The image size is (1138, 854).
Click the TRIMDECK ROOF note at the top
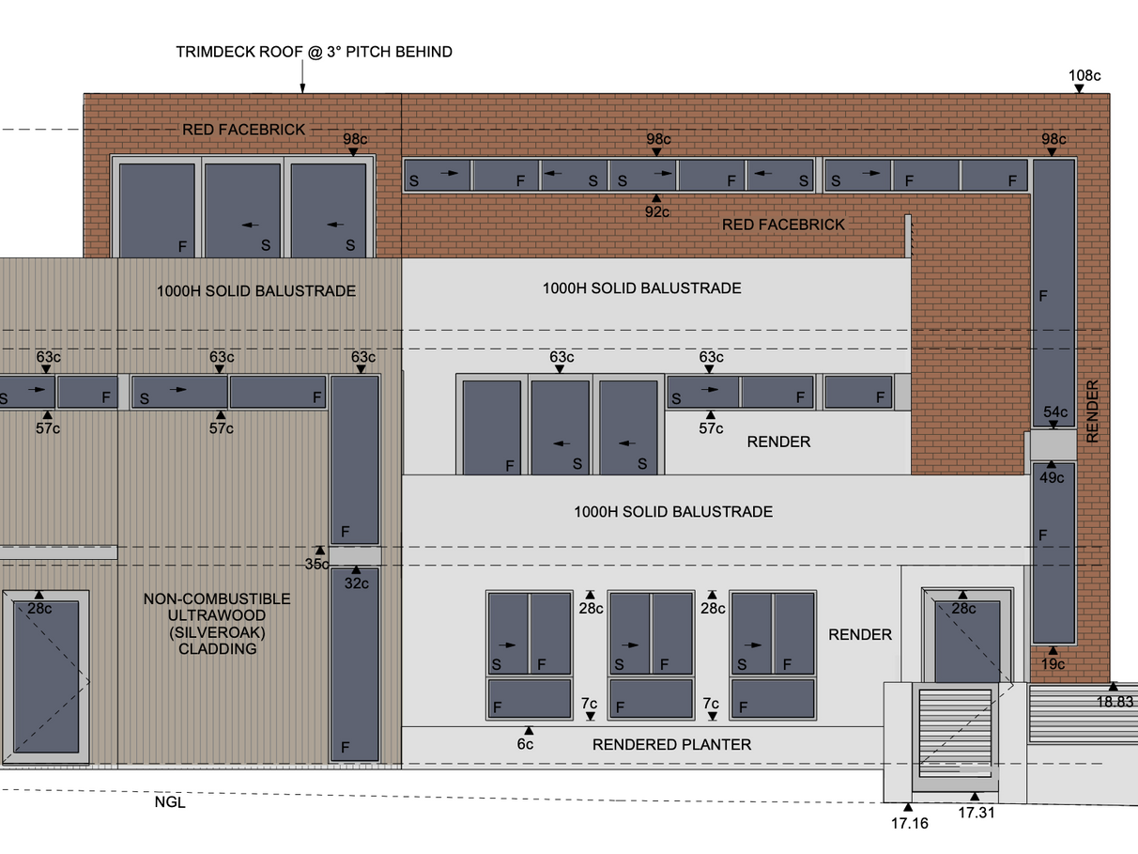tap(314, 52)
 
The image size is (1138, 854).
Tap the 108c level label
tap(1084, 75)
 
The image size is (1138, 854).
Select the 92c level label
tap(657, 212)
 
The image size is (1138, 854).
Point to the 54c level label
tap(1055, 411)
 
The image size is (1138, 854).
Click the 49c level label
tap(1053, 477)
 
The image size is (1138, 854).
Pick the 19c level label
tap(1053, 664)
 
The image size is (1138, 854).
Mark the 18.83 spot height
tap(1115, 701)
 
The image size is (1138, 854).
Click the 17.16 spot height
tap(909, 823)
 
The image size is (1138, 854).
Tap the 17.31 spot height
tap(976, 813)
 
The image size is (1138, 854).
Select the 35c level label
tap(317, 564)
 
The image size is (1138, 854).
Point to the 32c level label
tap(356, 582)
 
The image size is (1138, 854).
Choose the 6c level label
tap(525, 744)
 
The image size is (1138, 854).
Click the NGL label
tap(170, 802)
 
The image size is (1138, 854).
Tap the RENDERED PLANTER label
tap(671, 745)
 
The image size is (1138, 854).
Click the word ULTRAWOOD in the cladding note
tap(217, 615)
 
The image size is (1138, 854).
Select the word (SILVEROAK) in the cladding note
tap(217, 632)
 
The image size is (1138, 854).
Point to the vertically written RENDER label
tap(1092, 411)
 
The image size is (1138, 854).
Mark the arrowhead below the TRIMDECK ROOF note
tap(302, 89)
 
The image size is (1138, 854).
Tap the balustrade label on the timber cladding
tap(256, 291)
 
